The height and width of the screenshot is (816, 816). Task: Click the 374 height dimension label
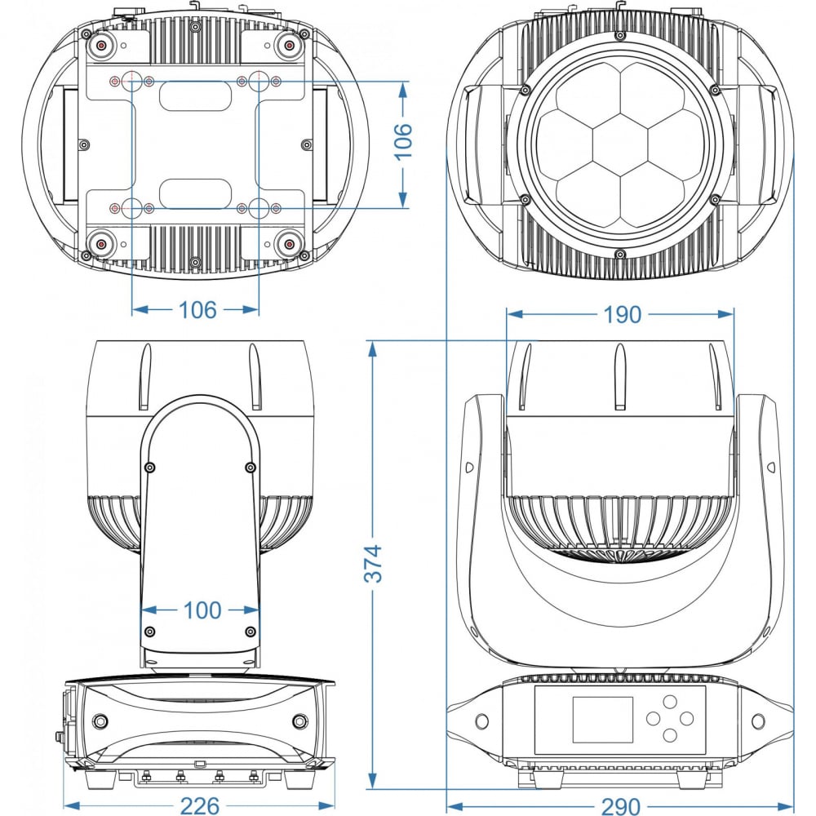pos(373,564)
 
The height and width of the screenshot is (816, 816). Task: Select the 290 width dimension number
pos(621,805)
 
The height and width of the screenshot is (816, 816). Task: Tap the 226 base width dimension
pos(200,805)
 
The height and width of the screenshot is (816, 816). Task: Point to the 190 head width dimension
pos(623,314)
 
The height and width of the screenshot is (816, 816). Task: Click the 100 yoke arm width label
pos(202,610)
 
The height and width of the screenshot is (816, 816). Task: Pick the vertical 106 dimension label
pos(402,141)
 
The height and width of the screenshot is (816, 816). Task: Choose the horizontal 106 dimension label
pos(197,310)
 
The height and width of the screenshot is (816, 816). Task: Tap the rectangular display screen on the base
pos(603,719)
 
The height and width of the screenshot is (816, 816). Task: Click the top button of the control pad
pos(670,702)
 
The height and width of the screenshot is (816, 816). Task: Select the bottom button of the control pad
pos(670,735)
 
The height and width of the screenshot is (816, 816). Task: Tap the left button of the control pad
pos(653,718)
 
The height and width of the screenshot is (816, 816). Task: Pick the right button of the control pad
pos(687,718)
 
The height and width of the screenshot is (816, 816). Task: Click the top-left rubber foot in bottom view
pos(101,45)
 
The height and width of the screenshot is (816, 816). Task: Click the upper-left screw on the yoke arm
pos(150,468)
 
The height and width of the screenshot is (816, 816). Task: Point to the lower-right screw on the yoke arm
pos(251,632)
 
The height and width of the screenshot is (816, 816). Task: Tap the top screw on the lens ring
pos(619,36)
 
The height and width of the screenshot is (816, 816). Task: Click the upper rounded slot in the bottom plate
pos(195,97)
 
